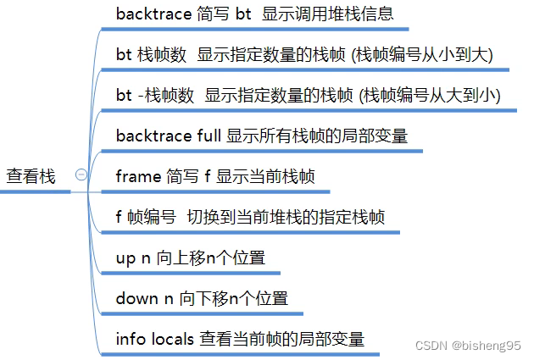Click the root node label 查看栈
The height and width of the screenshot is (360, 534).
click(31, 176)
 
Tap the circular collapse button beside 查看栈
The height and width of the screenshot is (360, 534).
click(81, 174)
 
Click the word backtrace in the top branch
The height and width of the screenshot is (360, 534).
click(153, 14)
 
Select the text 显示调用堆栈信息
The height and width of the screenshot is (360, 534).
click(328, 14)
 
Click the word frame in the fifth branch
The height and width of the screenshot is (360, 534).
click(137, 176)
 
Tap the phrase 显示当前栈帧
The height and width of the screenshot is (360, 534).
click(265, 176)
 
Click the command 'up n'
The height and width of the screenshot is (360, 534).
click(133, 258)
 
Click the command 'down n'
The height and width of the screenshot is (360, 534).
click(144, 298)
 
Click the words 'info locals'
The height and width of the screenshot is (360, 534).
click(155, 339)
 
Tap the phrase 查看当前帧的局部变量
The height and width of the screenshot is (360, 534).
click(282, 339)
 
